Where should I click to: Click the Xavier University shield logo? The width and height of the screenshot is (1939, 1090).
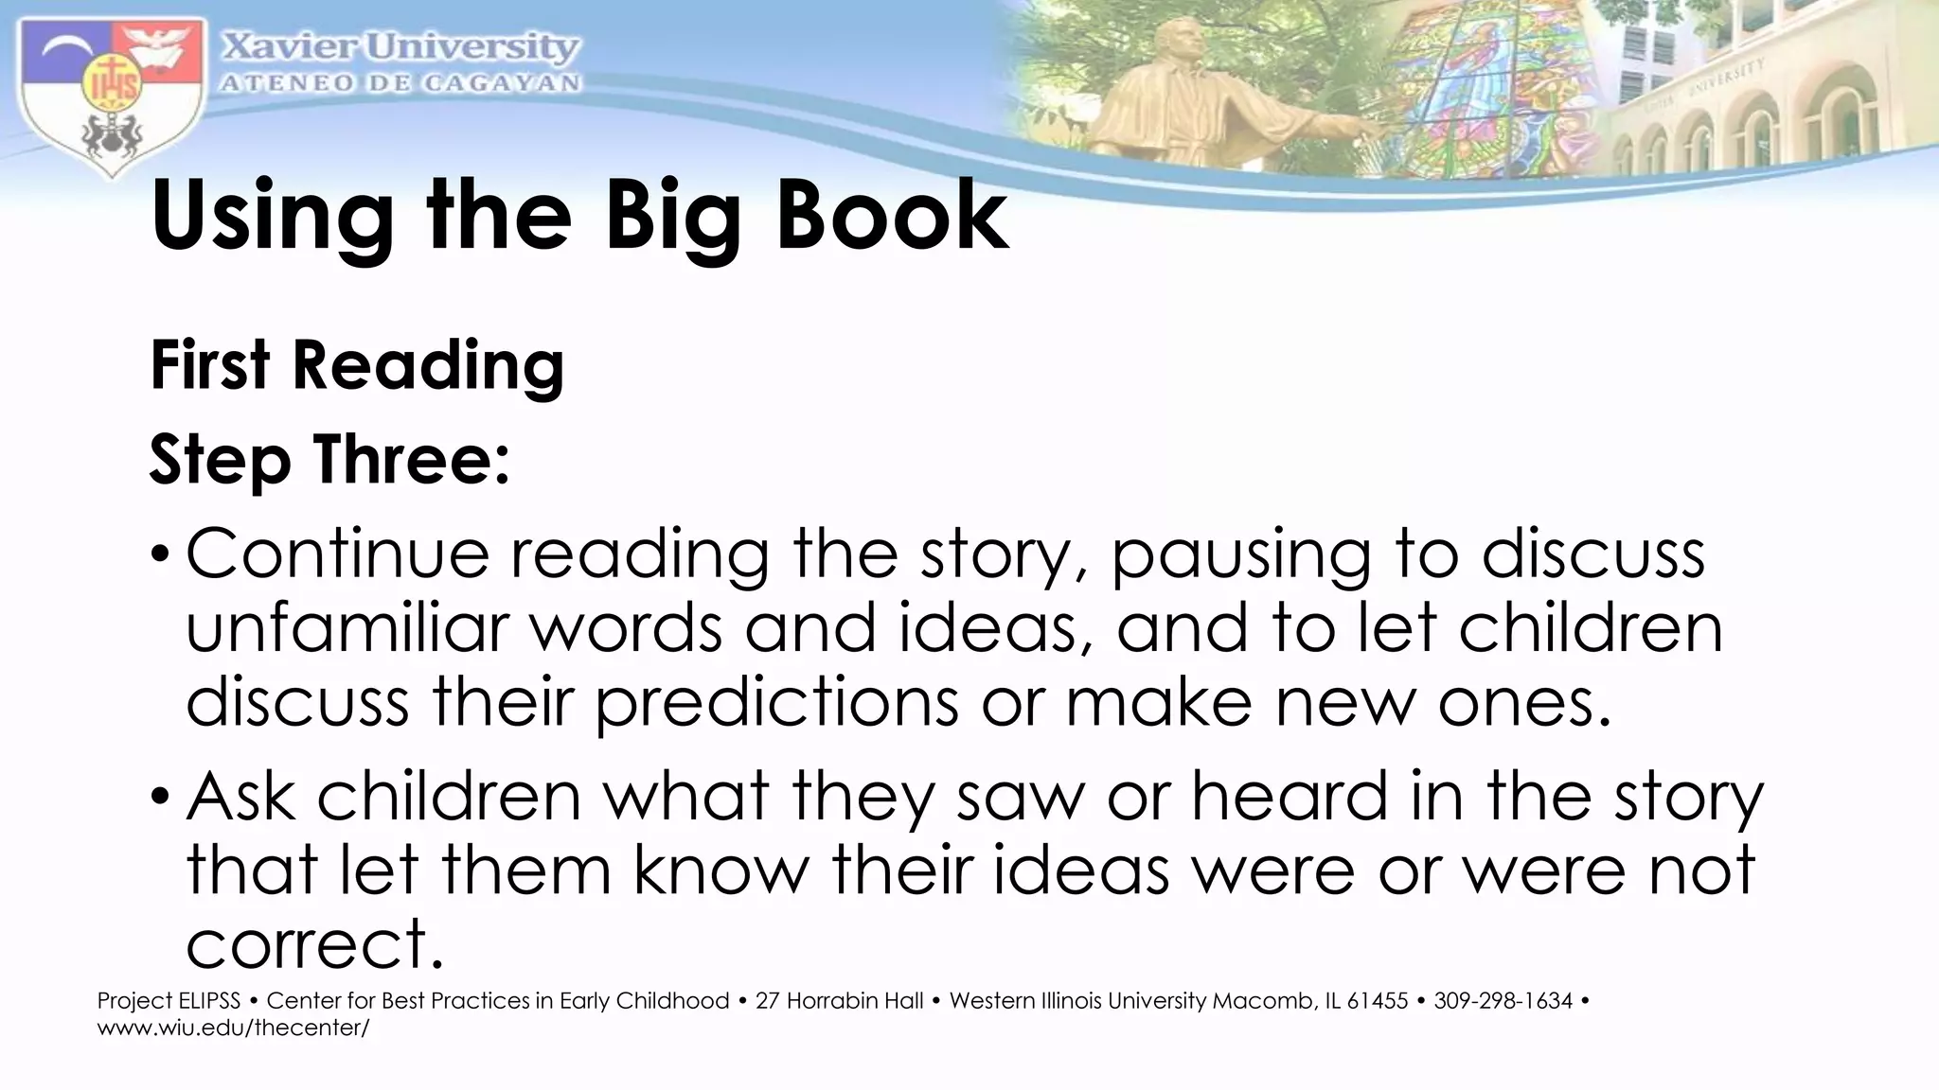click(111, 95)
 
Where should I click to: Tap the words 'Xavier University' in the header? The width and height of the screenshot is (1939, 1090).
click(400, 47)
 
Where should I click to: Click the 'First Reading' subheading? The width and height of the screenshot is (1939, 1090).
click(357, 365)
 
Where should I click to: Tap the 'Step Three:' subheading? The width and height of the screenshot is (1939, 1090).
click(329, 461)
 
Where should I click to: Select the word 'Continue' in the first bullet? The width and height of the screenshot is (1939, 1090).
click(337, 554)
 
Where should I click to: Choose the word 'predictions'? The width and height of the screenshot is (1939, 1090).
click(777, 704)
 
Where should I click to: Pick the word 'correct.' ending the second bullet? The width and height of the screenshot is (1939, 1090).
click(315, 944)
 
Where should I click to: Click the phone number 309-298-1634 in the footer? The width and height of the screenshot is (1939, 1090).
click(1503, 1001)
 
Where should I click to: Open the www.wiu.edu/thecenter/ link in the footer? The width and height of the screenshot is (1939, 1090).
click(233, 1028)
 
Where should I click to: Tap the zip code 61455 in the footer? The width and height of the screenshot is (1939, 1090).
click(1377, 1001)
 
